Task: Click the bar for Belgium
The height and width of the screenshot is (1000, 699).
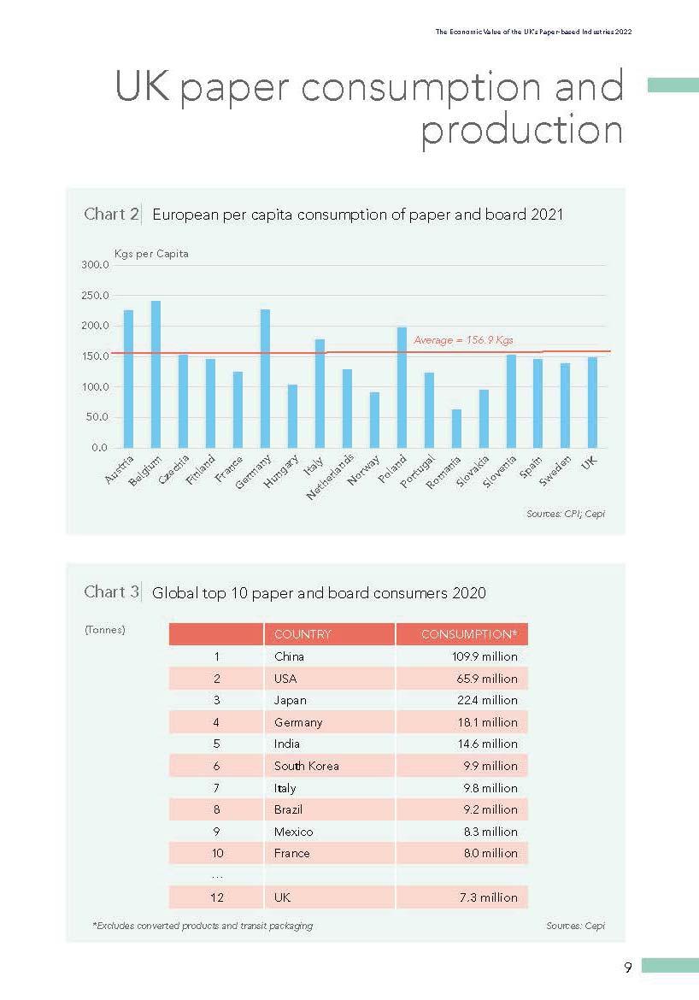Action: pos(156,374)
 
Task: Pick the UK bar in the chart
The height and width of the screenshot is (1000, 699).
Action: pos(593,403)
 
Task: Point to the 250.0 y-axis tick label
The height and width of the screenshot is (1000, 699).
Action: pos(95,296)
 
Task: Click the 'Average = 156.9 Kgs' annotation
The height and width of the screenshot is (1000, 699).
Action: pos(463,340)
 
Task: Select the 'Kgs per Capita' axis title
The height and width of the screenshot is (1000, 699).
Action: pos(152,254)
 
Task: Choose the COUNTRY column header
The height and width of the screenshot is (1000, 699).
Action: pos(303,634)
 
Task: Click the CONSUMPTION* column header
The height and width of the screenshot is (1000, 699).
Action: pos(469,634)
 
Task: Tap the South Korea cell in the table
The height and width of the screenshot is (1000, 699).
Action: pos(306,766)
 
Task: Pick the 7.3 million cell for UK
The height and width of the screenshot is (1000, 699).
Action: pos(487,897)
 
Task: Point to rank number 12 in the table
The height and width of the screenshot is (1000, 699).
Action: pos(217,897)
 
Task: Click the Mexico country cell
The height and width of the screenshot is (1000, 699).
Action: pos(293,832)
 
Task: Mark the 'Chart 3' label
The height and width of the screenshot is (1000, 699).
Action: pos(111,591)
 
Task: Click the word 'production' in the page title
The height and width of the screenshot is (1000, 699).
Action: pos(521,130)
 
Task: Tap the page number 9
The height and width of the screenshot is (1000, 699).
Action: pos(628,968)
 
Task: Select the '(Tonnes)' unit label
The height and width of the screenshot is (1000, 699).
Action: pos(105,630)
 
